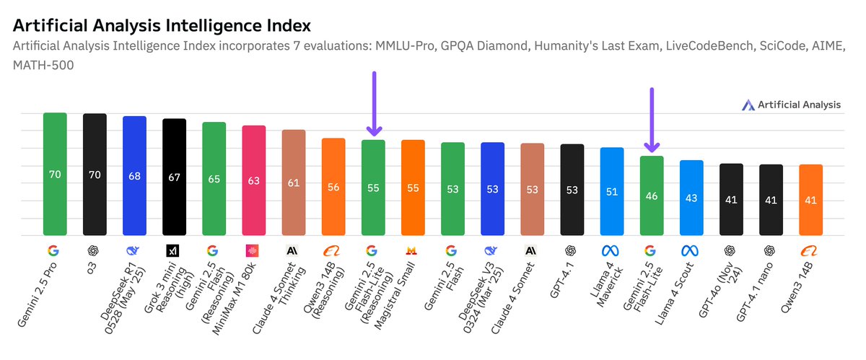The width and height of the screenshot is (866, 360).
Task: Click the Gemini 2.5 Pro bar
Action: click(x=55, y=174)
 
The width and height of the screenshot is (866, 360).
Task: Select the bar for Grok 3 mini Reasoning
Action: click(x=174, y=177)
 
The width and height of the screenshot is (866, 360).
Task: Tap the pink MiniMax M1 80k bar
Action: click(x=253, y=180)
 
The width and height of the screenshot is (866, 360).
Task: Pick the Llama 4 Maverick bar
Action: click(x=611, y=191)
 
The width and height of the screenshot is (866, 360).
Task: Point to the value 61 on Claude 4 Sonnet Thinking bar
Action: click(x=293, y=183)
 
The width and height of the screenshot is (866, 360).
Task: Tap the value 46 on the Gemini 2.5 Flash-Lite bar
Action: click(x=652, y=196)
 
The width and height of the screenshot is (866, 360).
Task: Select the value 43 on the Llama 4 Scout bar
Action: click(x=691, y=198)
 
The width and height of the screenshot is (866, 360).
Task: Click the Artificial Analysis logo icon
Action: click(x=748, y=105)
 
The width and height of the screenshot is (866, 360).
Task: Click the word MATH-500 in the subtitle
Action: click(x=42, y=66)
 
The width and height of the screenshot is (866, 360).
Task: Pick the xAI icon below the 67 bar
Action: click(x=173, y=251)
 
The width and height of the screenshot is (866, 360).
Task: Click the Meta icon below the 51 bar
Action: click(x=611, y=251)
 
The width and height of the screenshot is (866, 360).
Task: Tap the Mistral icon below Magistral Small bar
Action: click(x=412, y=251)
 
